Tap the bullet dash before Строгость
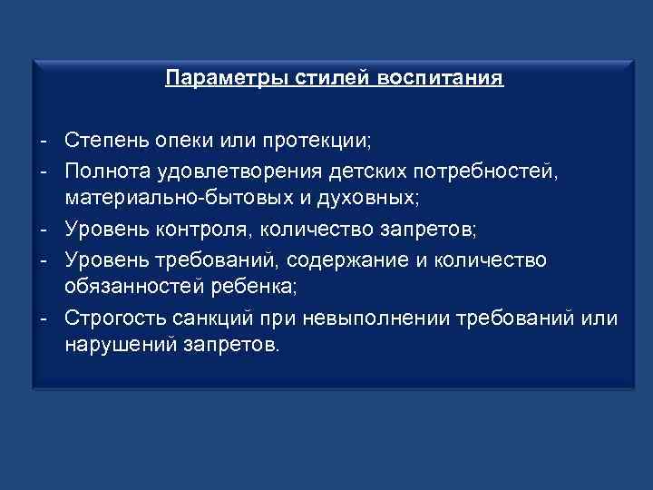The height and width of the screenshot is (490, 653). click(x=43, y=318)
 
